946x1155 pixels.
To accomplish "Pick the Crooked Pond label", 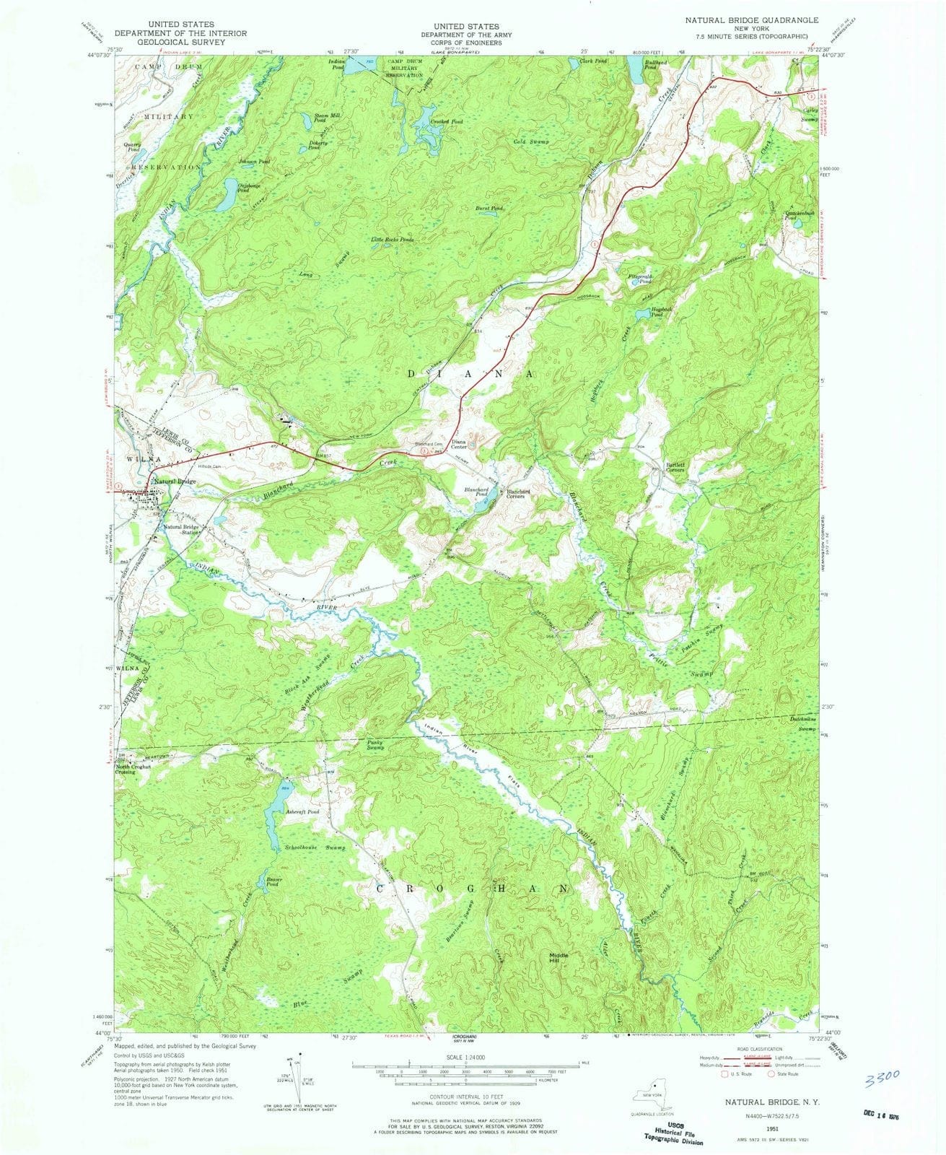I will pos(447,122).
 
